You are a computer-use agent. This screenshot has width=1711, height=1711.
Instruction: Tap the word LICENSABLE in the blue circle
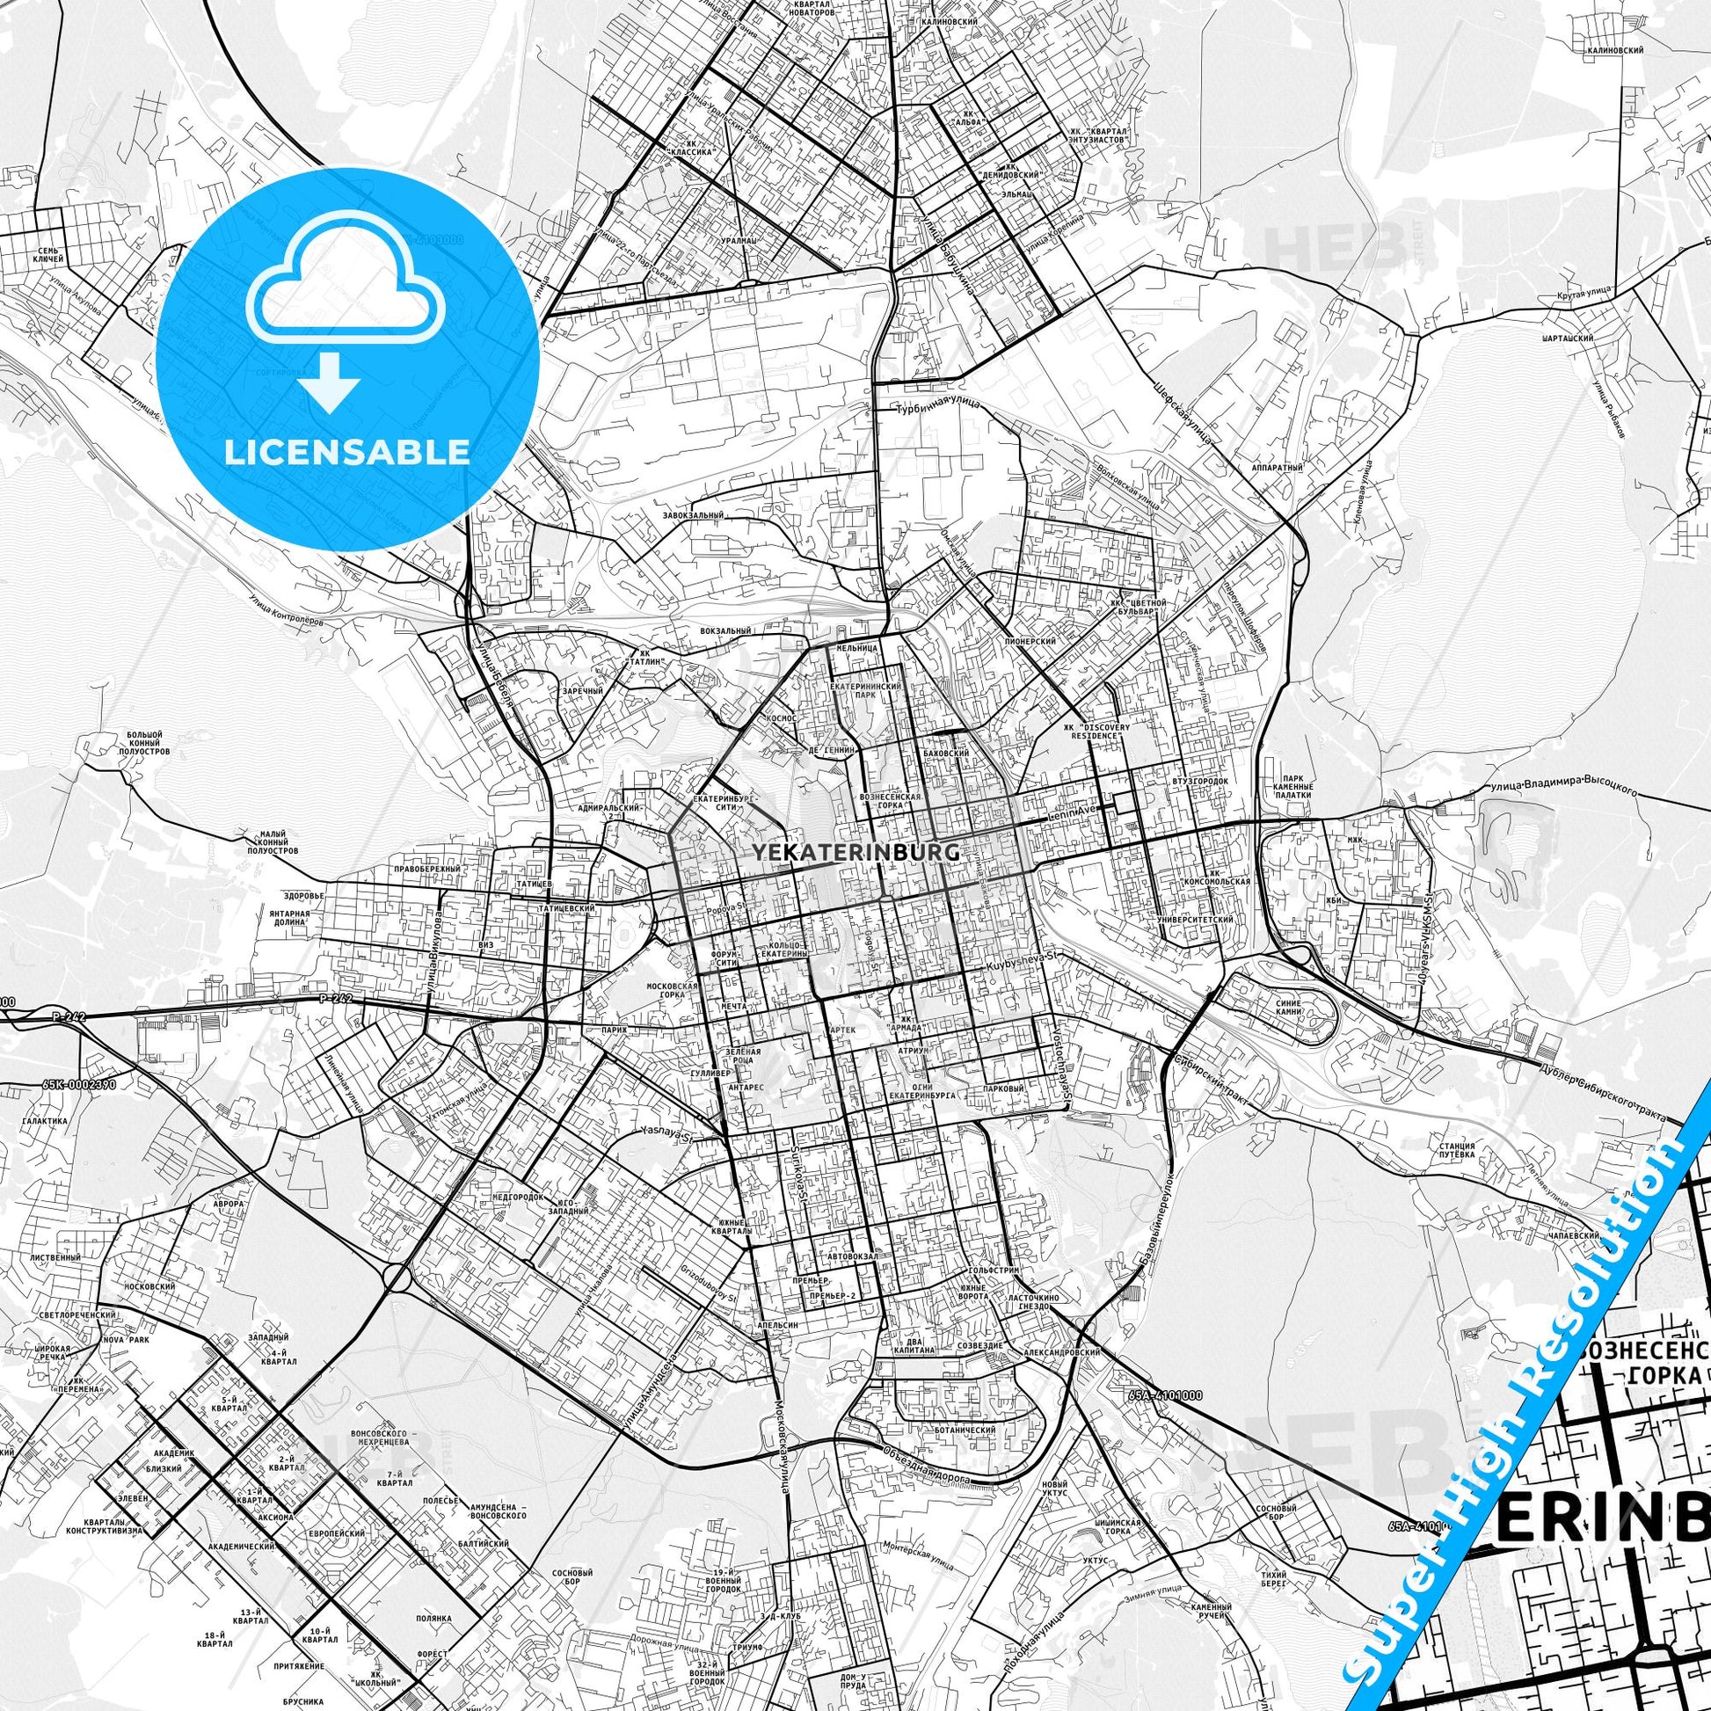pyautogui.click(x=348, y=452)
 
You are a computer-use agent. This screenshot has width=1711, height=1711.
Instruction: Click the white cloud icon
pyautogui.click(x=348, y=288)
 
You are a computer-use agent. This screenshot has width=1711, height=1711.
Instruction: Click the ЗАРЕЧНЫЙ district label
pyautogui.click(x=582, y=691)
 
